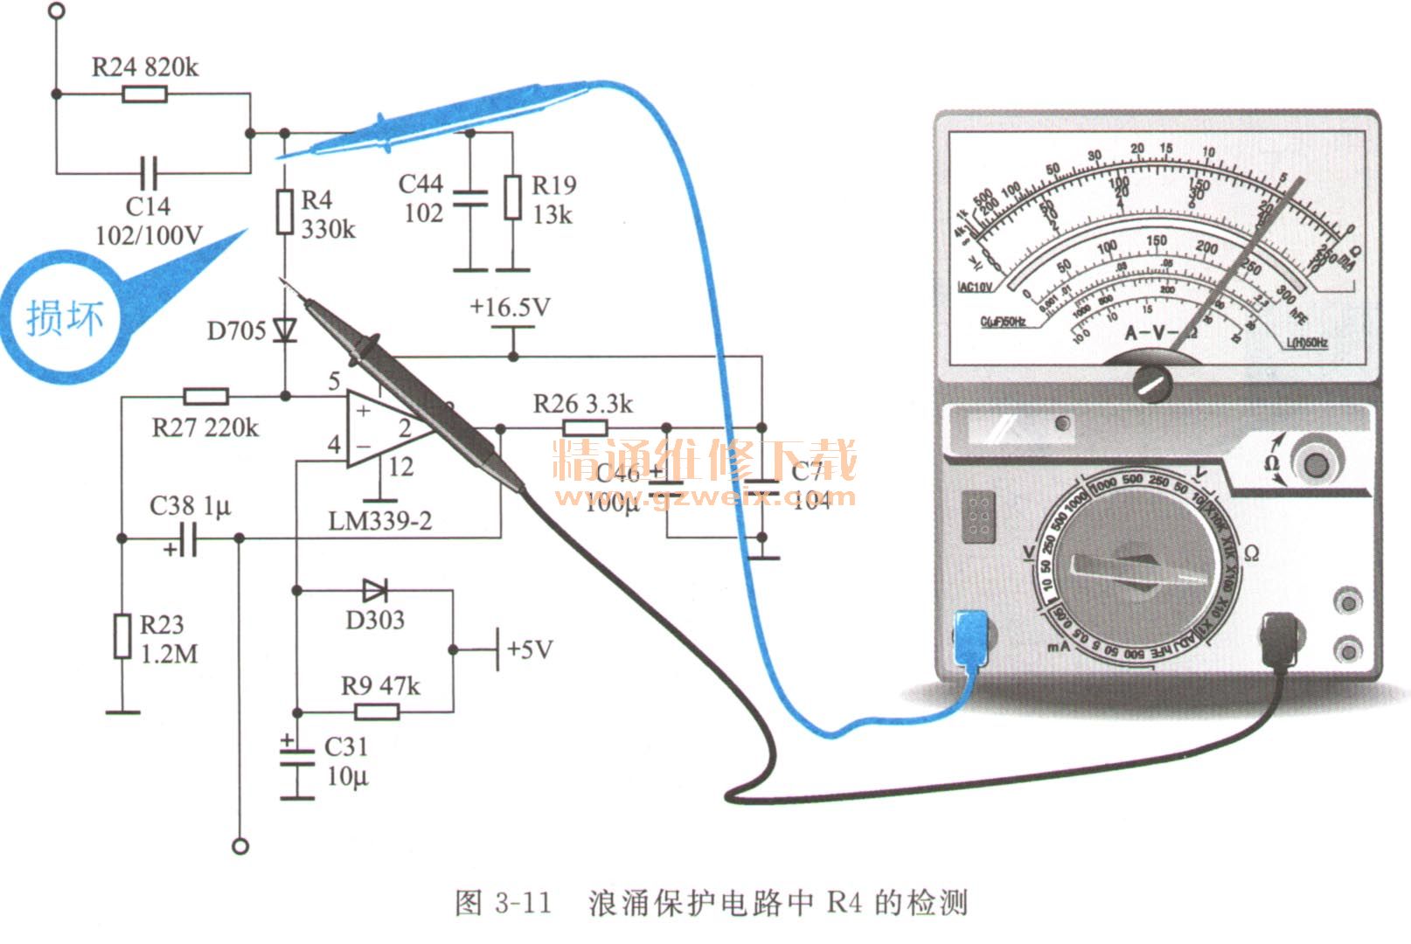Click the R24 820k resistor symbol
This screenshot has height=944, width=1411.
click(x=144, y=94)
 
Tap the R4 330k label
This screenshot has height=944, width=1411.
click(x=327, y=214)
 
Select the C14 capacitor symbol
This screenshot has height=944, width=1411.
click(x=149, y=172)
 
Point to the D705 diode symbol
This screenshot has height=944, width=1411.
click(x=285, y=330)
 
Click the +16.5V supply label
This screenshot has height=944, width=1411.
click(x=510, y=308)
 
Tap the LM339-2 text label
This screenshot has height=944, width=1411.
click(x=379, y=522)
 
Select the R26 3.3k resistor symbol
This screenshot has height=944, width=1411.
click(x=585, y=428)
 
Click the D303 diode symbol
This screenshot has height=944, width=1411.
click(x=375, y=591)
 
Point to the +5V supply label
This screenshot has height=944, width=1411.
click(x=530, y=649)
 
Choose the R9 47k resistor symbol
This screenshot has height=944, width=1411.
click(x=377, y=711)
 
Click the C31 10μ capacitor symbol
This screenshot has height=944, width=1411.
click(x=297, y=758)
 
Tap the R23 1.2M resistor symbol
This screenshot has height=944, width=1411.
click(x=122, y=636)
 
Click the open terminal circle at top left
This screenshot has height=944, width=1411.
click(x=57, y=10)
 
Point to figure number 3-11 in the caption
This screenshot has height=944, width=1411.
click(x=523, y=902)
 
